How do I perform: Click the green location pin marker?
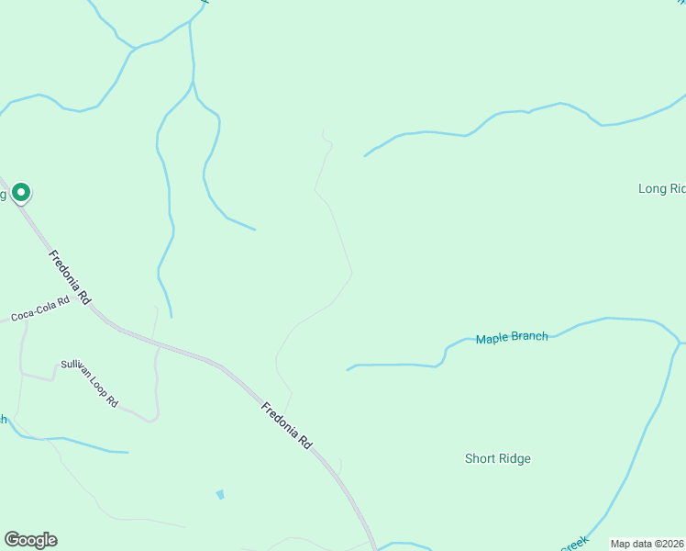click(x=20, y=193)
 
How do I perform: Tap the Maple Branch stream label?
click(x=512, y=338)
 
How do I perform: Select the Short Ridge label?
click(x=497, y=458)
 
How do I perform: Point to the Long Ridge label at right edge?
click(x=661, y=189)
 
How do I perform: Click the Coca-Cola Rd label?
click(x=40, y=309)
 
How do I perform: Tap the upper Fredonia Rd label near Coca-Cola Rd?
click(x=71, y=277)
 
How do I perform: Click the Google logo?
click(x=30, y=540)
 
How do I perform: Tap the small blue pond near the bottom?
click(x=220, y=494)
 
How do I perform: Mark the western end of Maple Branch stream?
click(x=348, y=370)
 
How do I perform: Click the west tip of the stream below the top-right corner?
click(x=365, y=155)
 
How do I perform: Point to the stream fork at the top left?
click(x=136, y=48)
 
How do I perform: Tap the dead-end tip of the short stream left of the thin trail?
click(x=254, y=229)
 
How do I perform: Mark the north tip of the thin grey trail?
click(x=322, y=130)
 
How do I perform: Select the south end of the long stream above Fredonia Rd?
click(x=171, y=317)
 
